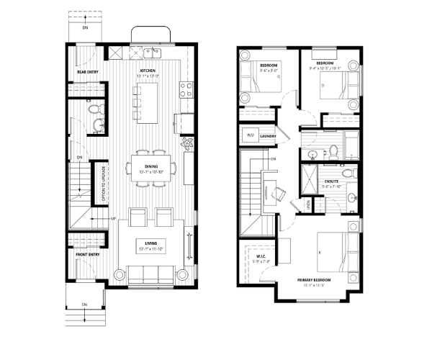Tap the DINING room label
[x=150, y=166]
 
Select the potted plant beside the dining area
[x=188, y=143]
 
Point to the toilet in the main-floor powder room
[x=94, y=110]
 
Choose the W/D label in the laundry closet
[x=250, y=135]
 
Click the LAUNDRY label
[x=269, y=135]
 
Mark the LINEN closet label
[x=308, y=206]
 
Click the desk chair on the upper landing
[x=279, y=192]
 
